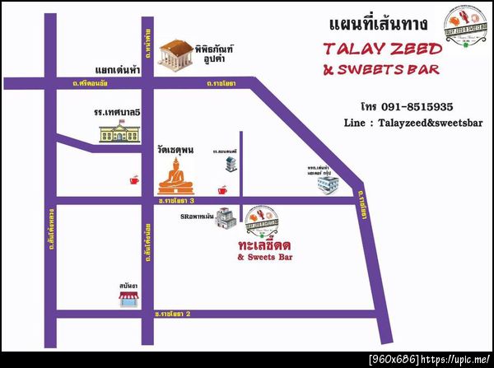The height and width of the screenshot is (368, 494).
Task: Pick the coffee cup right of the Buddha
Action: click(x=221, y=190)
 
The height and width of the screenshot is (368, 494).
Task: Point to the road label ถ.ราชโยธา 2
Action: click(x=173, y=314)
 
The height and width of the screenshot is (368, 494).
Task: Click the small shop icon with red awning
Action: click(x=127, y=300)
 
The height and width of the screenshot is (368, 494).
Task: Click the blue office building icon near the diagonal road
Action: click(x=328, y=185)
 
